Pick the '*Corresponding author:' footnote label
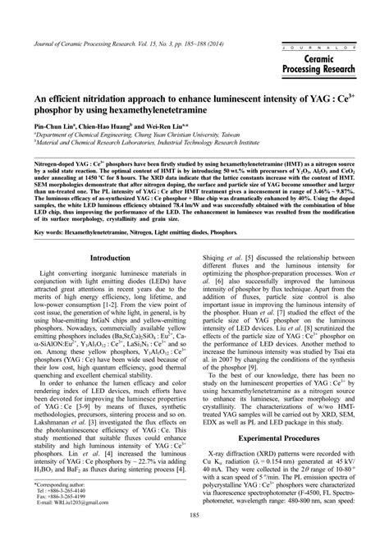coord(65,484)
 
